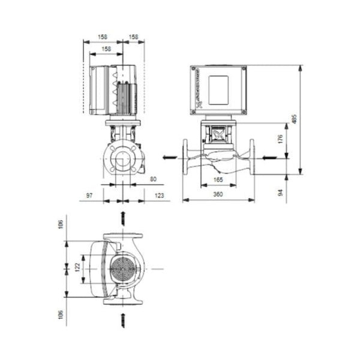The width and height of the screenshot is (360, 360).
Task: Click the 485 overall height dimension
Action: (294, 120)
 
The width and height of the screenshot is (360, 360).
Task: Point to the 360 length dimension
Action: (219, 196)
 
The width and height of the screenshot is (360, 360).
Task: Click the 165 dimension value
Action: (219, 179)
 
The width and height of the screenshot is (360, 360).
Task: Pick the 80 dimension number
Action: (153, 179)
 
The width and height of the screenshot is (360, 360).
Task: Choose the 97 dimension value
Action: (89, 196)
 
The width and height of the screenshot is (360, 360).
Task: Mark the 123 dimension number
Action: (160, 196)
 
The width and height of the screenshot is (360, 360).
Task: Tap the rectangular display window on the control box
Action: (219, 88)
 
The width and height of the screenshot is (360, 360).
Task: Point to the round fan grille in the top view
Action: (123, 268)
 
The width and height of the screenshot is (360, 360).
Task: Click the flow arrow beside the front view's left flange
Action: (170, 158)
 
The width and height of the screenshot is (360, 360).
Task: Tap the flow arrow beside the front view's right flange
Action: (268, 158)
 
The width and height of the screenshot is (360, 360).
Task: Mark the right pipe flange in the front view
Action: (252, 157)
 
